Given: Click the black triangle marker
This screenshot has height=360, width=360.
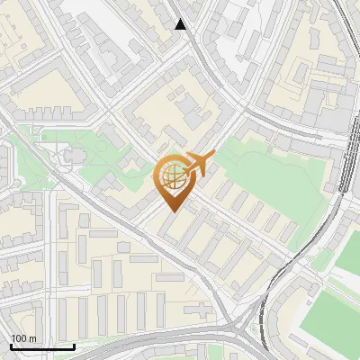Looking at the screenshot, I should [x=181, y=24].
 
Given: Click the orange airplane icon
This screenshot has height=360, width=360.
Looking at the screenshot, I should [x=197, y=165].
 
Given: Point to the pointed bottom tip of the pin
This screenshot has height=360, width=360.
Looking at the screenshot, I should [x=171, y=211].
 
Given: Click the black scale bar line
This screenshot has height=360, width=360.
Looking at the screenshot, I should [x=41, y=346].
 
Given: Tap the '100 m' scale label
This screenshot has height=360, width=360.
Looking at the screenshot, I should [x=23, y=338].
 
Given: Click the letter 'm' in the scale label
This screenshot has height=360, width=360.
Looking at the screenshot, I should [x=32, y=338].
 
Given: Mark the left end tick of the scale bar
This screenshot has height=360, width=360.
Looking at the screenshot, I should [x=10, y=345].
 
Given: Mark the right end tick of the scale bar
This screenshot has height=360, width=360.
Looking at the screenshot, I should [x=74, y=345].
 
